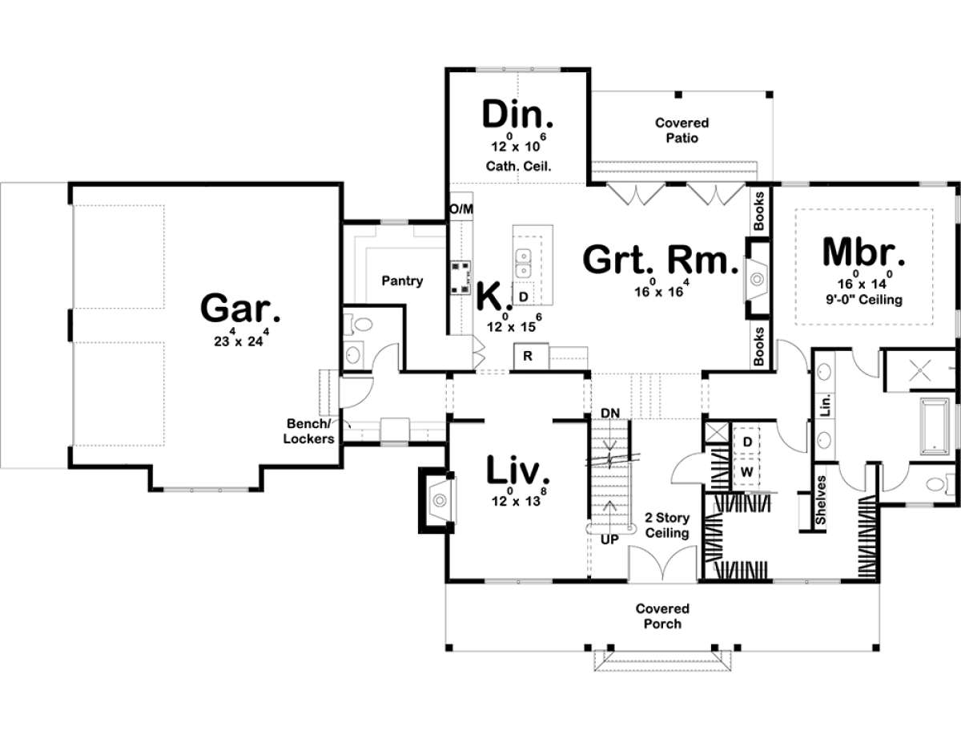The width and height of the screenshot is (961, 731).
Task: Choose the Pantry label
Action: point(402,281)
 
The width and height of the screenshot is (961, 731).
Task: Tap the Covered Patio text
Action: point(682,130)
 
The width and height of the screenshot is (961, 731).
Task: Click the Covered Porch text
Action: point(662,616)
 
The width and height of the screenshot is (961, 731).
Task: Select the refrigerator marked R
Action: point(529,356)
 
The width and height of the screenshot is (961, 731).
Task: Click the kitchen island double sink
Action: point(525,260)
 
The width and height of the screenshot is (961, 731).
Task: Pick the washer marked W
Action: point(746,471)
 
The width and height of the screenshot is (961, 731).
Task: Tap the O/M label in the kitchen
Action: point(461,209)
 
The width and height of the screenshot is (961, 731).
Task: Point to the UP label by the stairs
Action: point(610,540)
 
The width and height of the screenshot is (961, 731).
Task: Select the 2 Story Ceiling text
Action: point(667,525)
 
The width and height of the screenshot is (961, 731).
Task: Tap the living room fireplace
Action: point(437,500)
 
